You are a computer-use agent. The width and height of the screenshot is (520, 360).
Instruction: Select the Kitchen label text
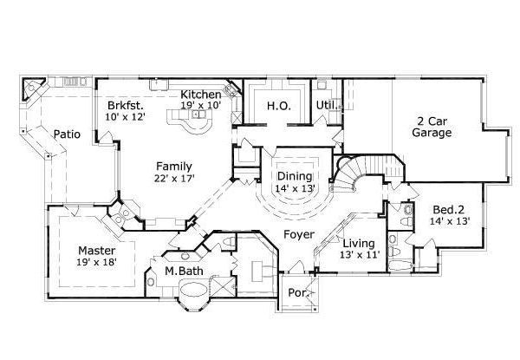(x=199, y=95)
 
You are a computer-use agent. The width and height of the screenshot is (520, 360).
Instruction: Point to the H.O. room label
(x=278, y=106)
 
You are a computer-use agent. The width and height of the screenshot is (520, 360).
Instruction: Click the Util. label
(x=326, y=105)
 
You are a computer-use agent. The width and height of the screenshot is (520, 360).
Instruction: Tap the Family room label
(x=174, y=166)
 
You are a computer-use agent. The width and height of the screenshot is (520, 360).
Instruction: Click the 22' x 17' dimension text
(x=174, y=179)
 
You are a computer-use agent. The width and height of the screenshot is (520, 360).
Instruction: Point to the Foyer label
(x=299, y=234)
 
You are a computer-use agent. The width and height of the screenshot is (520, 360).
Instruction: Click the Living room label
(x=357, y=244)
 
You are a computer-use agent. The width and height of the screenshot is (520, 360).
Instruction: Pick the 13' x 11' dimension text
(x=357, y=256)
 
